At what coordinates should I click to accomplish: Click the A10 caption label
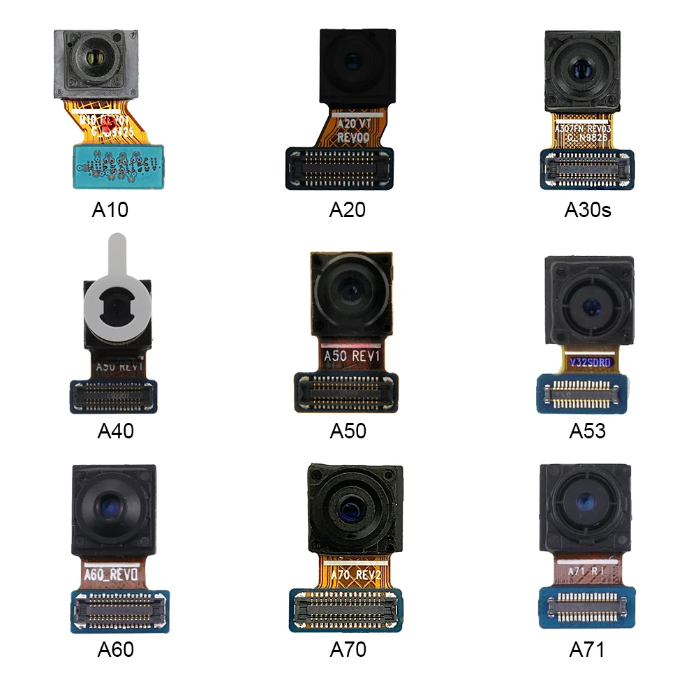[110, 209]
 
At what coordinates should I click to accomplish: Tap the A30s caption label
[588, 209]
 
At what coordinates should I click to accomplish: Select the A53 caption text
[588, 431]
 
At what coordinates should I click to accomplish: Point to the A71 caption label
[587, 650]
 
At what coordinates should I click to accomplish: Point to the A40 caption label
[115, 431]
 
